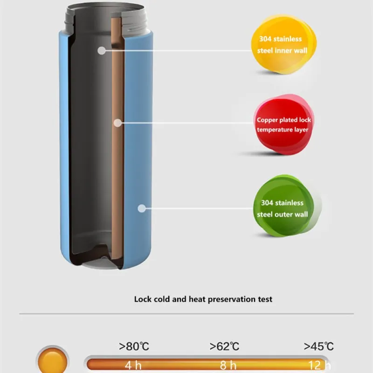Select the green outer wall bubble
[x=283, y=207]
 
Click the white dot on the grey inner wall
[x=101, y=50]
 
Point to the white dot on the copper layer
[x=118, y=123]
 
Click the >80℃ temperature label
[x=134, y=346]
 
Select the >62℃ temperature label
[x=224, y=346]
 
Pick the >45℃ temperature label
[x=319, y=346]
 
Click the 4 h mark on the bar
[x=133, y=365]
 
